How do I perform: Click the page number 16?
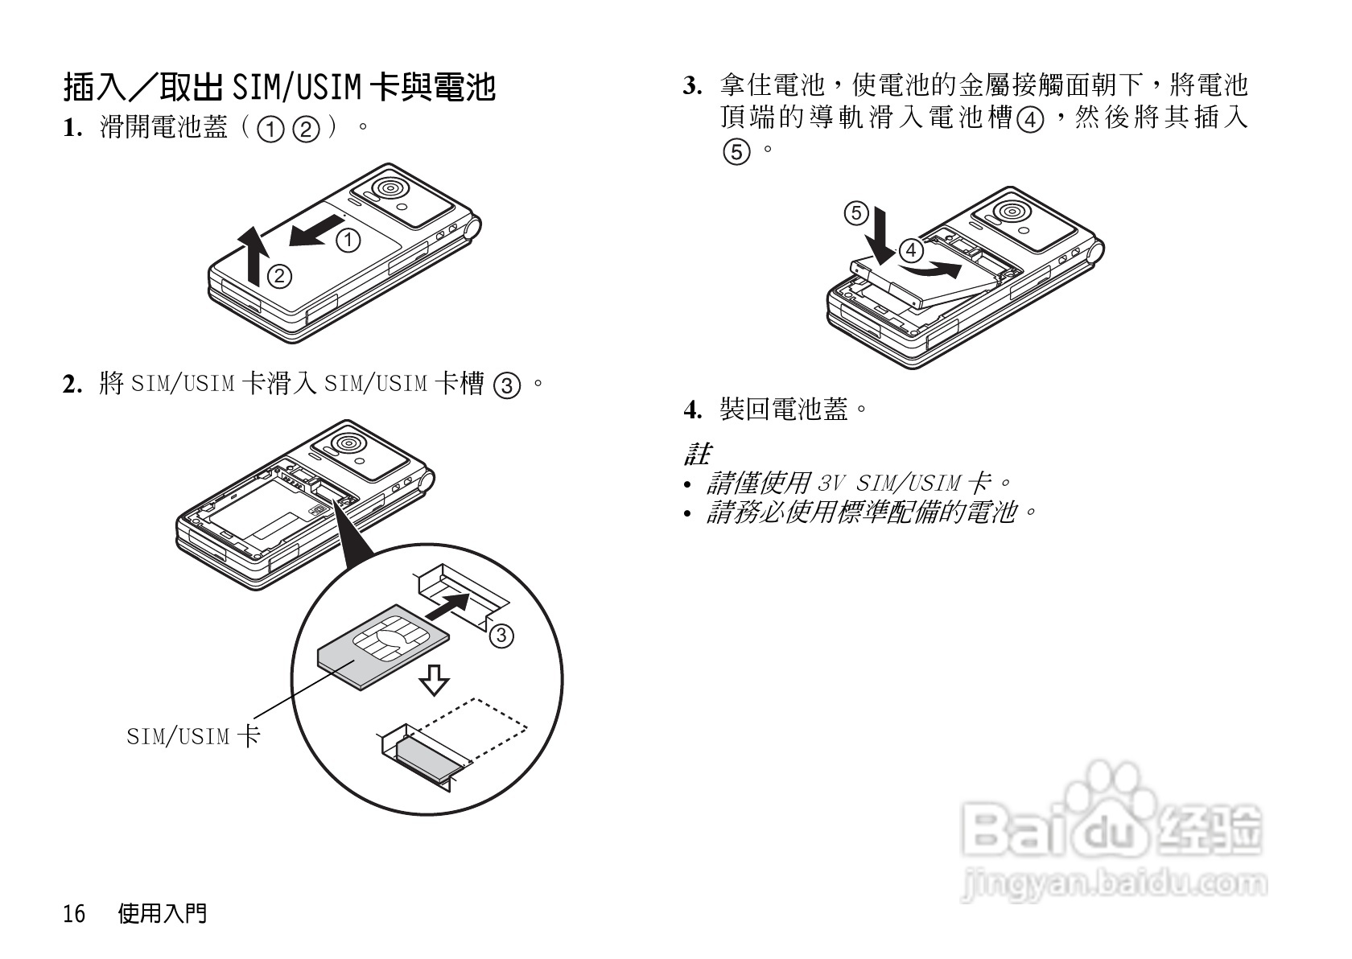(x=74, y=914)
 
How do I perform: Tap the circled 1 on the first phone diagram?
(x=348, y=240)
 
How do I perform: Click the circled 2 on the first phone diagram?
(x=278, y=276)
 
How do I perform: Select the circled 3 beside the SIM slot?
(x=500, y=636)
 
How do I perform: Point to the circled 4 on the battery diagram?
(x=911, y=251)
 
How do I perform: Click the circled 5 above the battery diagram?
(x=855, y=214)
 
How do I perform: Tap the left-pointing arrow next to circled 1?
(x=313, y=234)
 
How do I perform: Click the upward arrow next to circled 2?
(x=253, y=255)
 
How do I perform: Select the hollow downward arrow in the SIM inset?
(x=435, y=680)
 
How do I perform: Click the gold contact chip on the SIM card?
(x=384, y=640)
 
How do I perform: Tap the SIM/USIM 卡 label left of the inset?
(x=193, y=735)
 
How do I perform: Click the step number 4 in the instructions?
(x=690, y=411)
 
